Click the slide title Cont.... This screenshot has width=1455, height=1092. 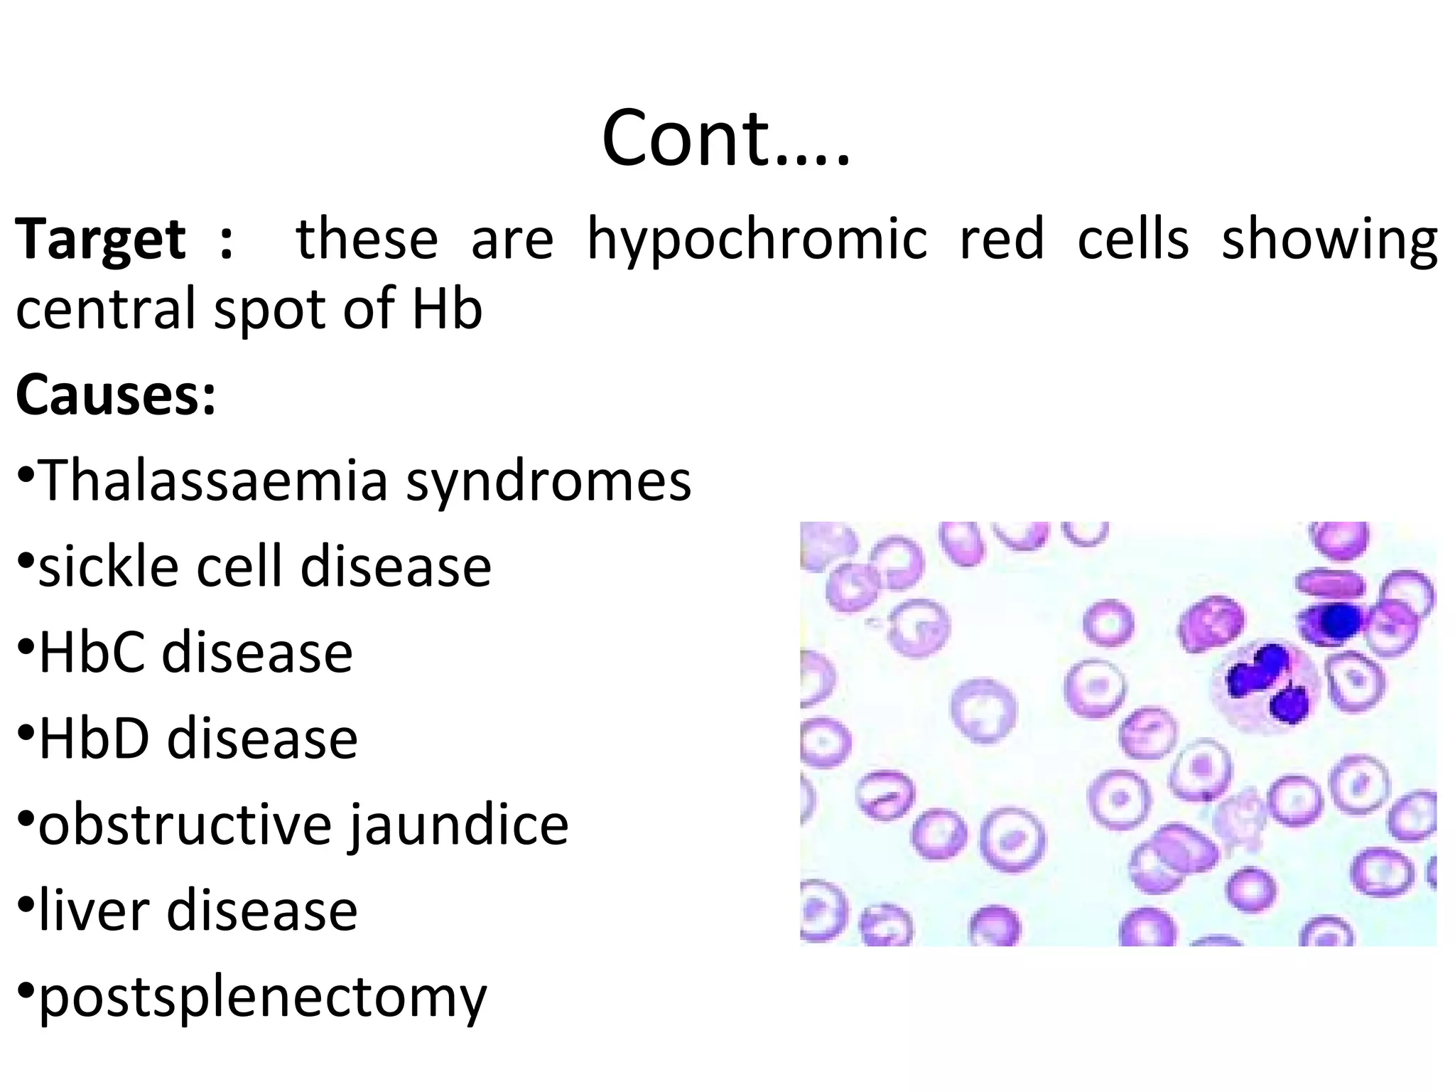point(725,139)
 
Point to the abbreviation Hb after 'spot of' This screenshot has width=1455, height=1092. point(447,309)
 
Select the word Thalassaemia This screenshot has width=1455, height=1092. point(213,481)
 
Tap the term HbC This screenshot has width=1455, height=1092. point(90,653)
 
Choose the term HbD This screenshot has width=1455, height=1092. point(93,739)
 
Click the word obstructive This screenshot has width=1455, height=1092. point(185,825)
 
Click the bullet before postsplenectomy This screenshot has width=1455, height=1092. point(26,991)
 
